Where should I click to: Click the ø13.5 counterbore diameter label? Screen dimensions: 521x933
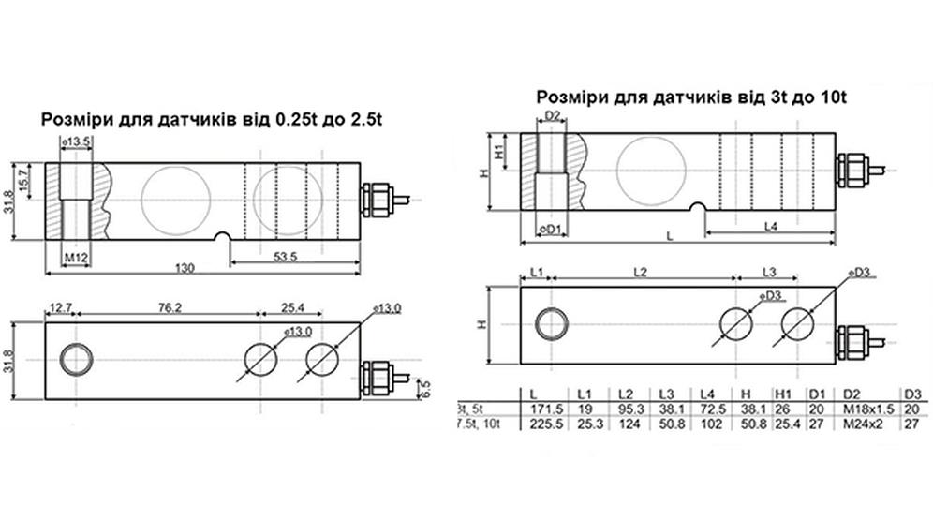(75, 141)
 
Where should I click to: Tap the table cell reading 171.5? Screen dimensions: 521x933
(535, 409)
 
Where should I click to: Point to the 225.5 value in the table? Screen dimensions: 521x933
(535, 424)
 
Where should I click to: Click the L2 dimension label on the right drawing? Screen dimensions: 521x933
(640, 272)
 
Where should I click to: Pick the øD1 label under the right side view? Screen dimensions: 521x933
(551, 229)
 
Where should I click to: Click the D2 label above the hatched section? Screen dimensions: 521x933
(552, 116)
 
